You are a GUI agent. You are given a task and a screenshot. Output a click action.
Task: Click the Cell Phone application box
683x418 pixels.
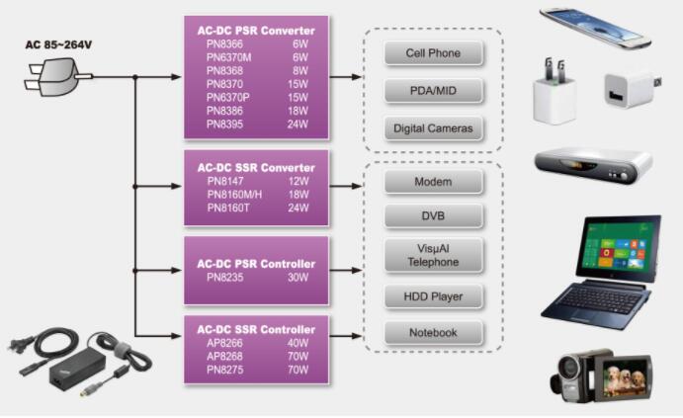click(x=433, y=53)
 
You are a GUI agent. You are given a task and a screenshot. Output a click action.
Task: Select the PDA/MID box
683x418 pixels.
click(x=433, y=91)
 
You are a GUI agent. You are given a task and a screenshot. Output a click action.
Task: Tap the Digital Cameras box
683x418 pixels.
click(x=433, y=127)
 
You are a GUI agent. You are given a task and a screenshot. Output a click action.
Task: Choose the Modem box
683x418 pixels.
click(x=433, y=182)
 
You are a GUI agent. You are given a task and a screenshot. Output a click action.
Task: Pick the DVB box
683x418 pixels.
click(x=433, y=216)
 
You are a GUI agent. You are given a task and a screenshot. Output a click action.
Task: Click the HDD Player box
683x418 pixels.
click(x=433, y=295)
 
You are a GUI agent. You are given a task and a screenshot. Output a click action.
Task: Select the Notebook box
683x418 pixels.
click(x=433, y=332)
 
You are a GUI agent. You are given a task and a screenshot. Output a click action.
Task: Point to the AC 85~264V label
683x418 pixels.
click(x=58, y=45)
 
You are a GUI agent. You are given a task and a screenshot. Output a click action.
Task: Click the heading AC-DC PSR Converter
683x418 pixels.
click(x=256, y=31)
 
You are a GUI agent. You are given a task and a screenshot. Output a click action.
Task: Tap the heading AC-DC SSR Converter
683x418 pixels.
click(x=256, y=167)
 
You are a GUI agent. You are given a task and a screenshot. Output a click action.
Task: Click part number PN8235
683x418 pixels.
click(x=225, y=279)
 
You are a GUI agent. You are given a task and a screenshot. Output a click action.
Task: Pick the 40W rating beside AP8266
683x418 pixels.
click(x=299, y=343)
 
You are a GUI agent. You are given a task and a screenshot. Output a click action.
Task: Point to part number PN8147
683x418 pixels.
click(x=226, y=182)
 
